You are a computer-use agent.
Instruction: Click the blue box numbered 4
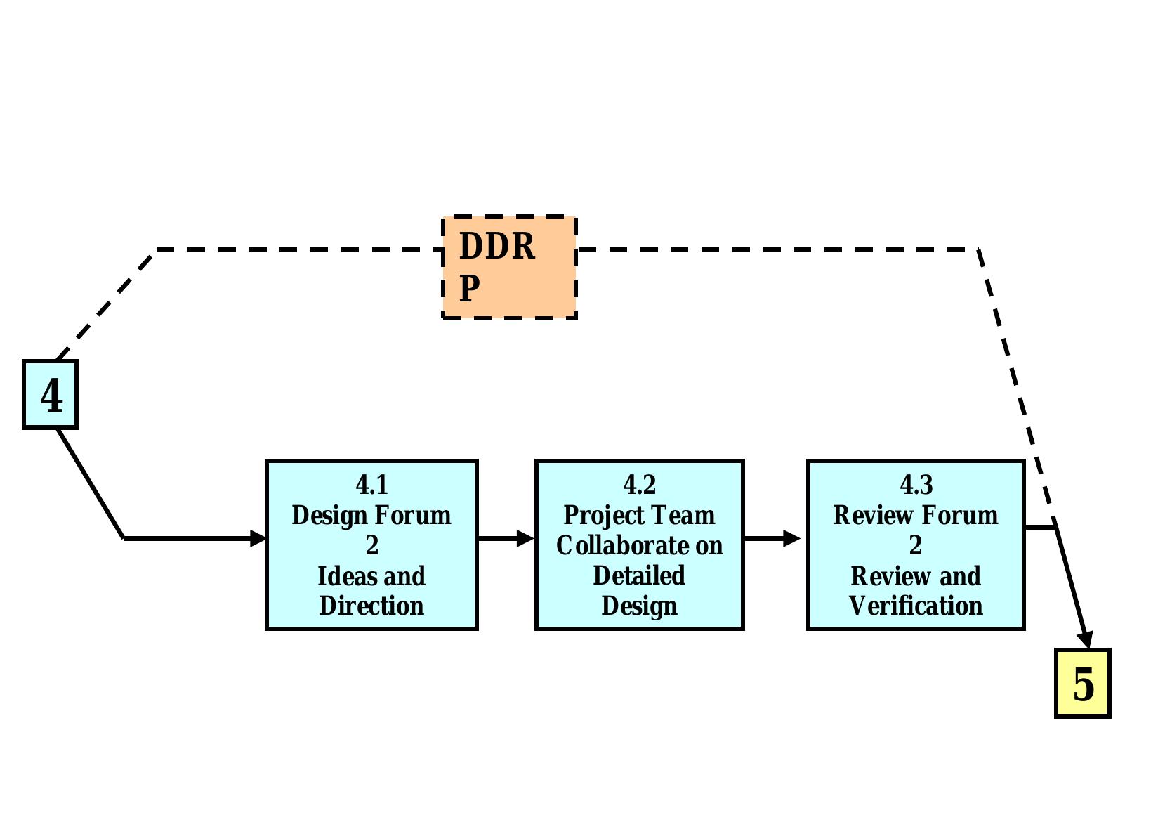pos(50,394)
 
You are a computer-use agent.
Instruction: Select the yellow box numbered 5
pos(1082,683)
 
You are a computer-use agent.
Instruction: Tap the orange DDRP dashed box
pos(509,267)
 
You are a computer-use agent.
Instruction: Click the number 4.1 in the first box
pos(371,485)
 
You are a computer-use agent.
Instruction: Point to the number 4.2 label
pos(639,485)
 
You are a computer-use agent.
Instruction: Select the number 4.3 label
pos(916,485)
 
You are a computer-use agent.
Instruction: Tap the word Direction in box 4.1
pos(371,606)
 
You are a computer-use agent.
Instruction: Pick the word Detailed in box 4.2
pos(639,575)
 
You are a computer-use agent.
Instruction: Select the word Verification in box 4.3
pos(916,606)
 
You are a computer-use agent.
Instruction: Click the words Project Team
pos(639,515)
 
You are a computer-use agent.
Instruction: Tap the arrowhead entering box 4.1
pos(258,538)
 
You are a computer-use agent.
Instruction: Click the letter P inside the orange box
pos(470,288)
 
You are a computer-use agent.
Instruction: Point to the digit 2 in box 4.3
pos(916,545)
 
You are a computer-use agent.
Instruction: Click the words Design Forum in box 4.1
pos(371,515)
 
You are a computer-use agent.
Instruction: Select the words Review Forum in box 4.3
pos(916,515)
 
